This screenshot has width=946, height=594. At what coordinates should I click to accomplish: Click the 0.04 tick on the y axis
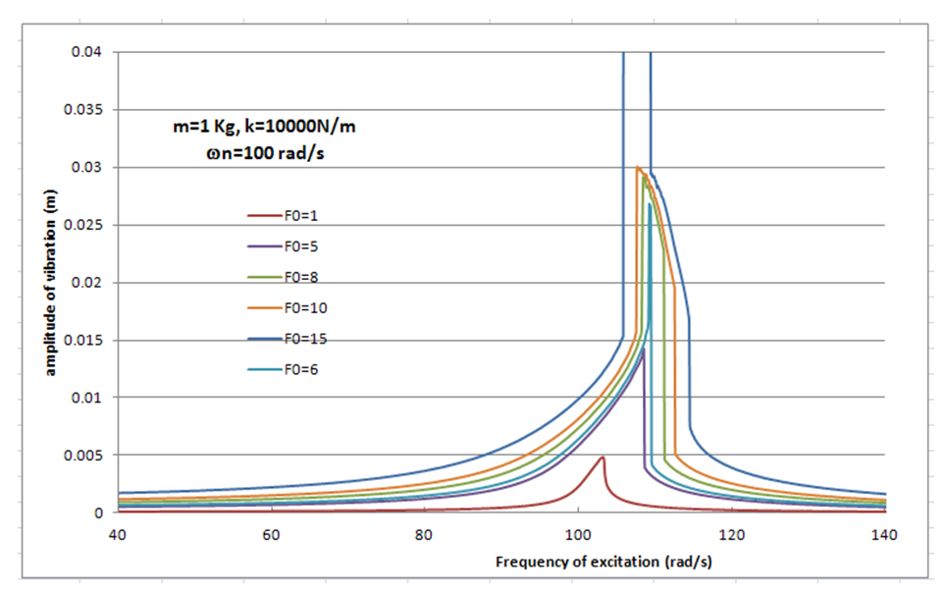point(89,52)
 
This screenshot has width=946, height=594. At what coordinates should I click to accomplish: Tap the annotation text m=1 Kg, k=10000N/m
point(257,126)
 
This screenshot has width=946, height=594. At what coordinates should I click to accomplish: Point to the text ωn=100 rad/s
point(258,152)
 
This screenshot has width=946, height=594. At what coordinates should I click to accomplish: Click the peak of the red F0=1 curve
point(602,458)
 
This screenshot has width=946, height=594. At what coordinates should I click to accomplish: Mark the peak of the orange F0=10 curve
point(638,167)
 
